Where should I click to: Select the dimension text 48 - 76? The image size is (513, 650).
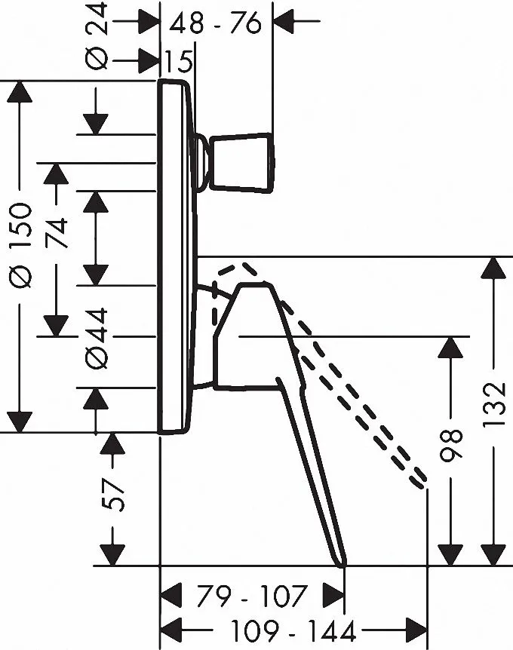point(214,23)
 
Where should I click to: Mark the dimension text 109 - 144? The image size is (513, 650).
point(290,628)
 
